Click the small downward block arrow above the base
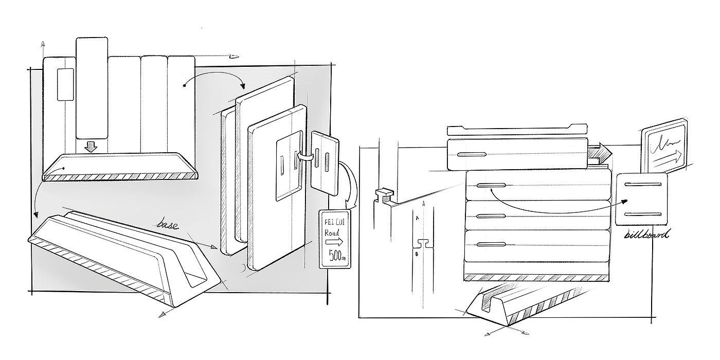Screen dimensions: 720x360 pos(91,147)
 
